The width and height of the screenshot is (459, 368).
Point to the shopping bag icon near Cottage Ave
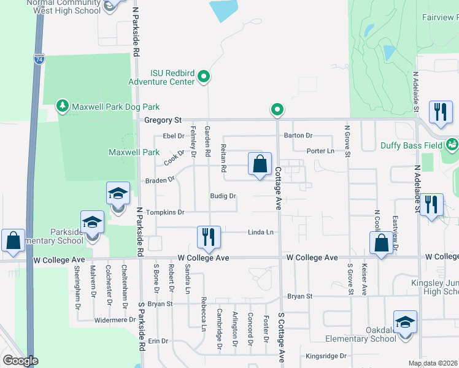[x=260, y=164]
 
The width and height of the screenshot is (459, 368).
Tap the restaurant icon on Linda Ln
[x=209, y=236]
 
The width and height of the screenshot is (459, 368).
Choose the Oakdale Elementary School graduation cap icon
[x=406, y=321]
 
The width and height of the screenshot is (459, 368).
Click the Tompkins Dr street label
[x=165, y=212]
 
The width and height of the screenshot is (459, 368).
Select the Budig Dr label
[x=223, y=196]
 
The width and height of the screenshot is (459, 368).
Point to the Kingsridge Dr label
[x=326, y=356]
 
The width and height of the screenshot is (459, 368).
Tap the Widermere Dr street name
[x=115, y=320]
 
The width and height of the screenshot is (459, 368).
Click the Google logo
[x=20, y=361]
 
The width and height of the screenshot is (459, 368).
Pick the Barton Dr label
[x=298, y=136]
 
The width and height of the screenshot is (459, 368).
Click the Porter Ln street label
[x=320, y=151]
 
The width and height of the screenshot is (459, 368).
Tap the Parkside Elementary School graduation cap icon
[x=92, y=221]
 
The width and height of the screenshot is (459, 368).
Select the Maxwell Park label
[x=134, y=152]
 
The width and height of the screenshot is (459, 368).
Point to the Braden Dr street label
[x=160, y=180]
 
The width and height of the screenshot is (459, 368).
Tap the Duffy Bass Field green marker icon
[x=453, y=145]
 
